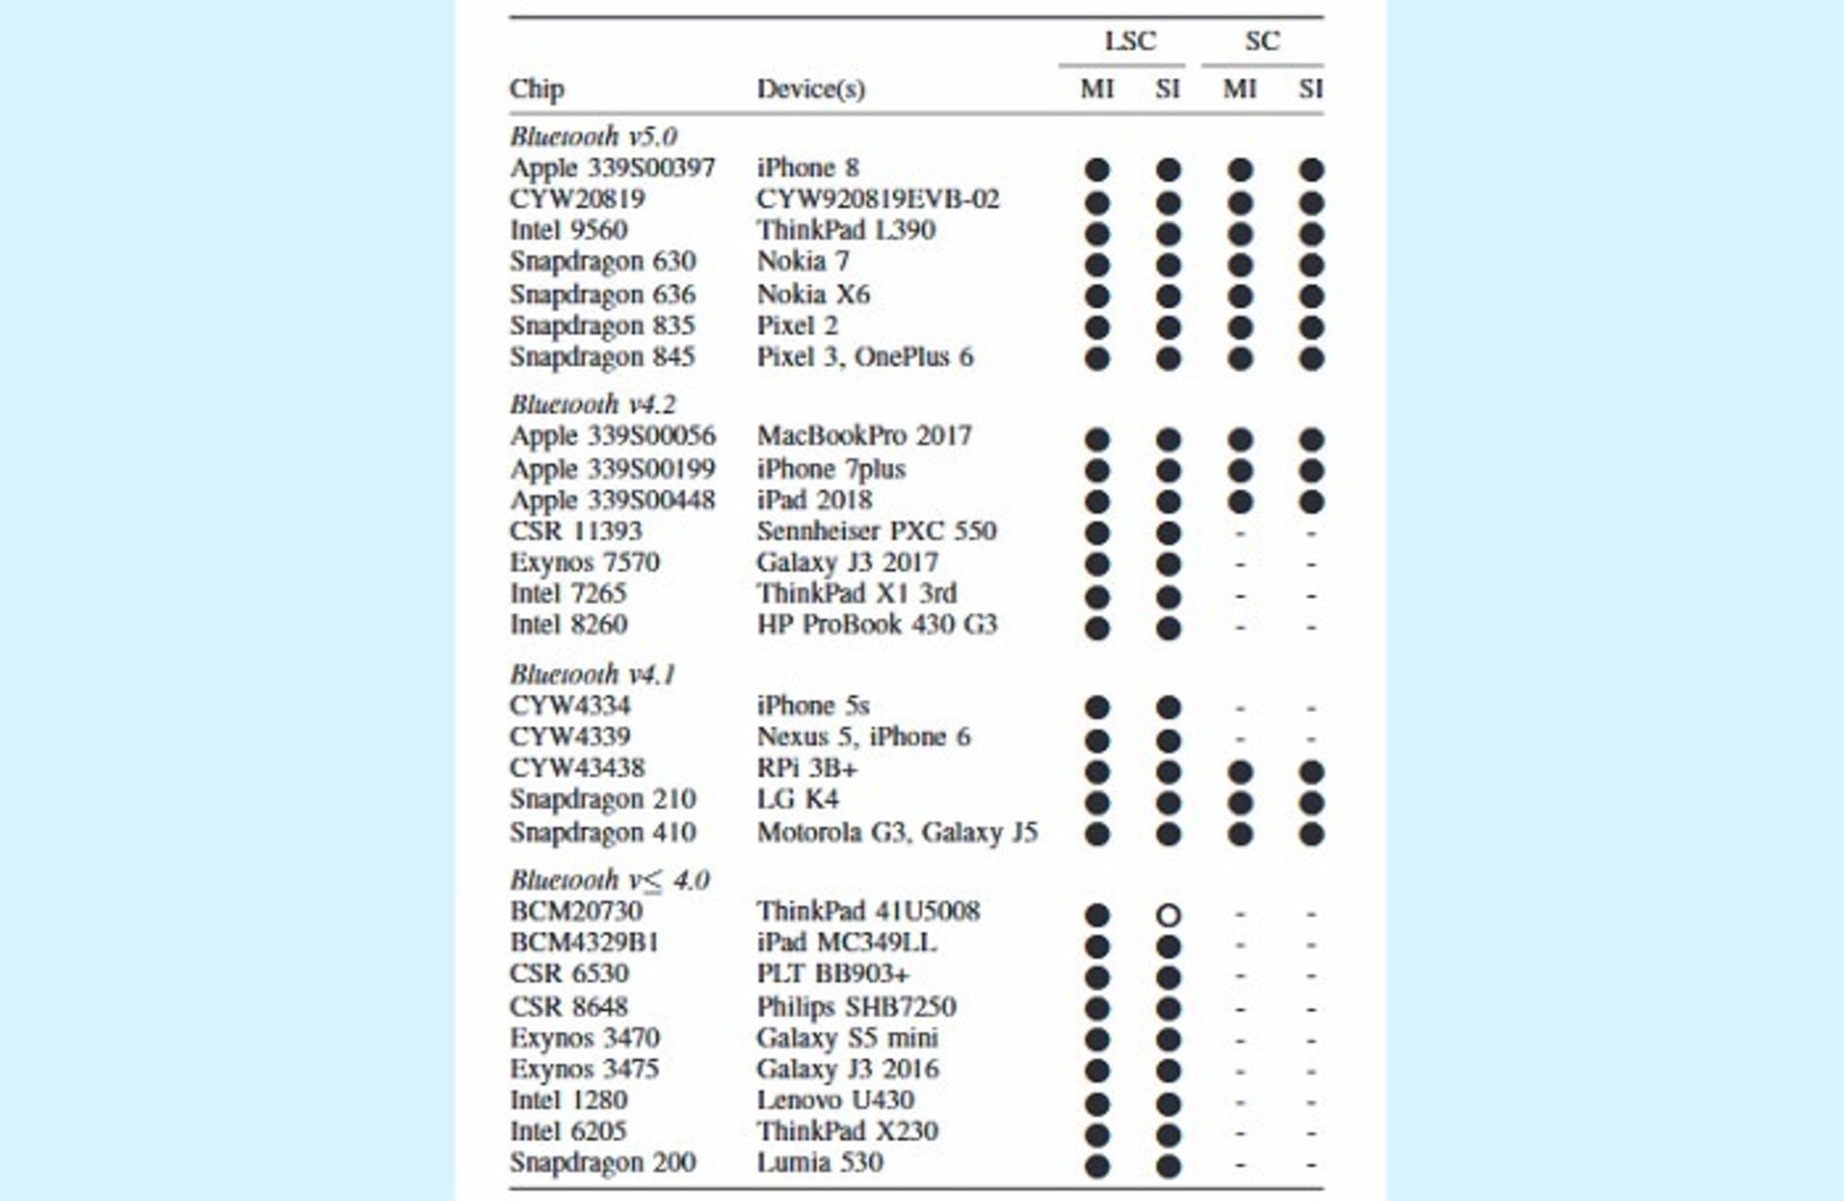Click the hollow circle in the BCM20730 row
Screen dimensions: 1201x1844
[x=1168, y=915]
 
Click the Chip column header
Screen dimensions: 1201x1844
[x=537, y=89]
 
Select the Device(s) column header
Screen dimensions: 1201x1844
[x=811, y=89]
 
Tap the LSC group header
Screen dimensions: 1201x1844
[x=1129, y=41]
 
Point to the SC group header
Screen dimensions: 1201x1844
[x=1262, y=41]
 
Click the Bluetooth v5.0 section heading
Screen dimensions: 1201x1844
[x=594, y=136]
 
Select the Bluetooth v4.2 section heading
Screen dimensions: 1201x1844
[x=594, y=404]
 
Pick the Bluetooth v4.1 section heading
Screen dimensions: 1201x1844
[x=594, y=674]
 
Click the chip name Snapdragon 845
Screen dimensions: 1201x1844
[x=602, y=357]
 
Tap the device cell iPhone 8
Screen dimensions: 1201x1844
[x=808, y=168]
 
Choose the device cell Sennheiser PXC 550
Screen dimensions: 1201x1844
[x=876, y=531]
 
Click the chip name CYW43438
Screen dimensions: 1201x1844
[x=577, y=768]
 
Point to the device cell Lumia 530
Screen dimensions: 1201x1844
[x=819, y=1163]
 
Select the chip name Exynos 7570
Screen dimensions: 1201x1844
[x=585, y=563]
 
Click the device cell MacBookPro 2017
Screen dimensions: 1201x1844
[x=864, y=436]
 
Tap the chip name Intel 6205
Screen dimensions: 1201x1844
[x=568, y=1131]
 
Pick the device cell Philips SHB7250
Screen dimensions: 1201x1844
[x=856, y=1007]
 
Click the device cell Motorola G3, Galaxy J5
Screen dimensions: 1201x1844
[x=897, y=832]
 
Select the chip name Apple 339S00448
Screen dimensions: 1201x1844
[x=613, y=500]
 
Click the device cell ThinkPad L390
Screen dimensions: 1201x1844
[x=846, y=230]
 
